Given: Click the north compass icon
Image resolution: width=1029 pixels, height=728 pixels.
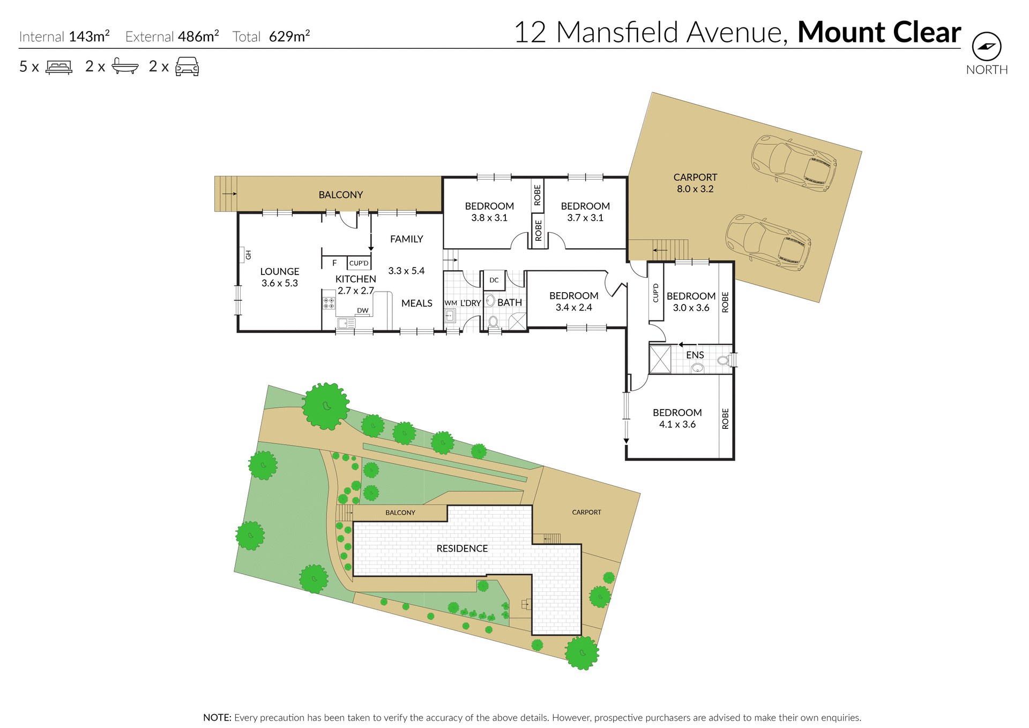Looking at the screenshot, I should (986, 47).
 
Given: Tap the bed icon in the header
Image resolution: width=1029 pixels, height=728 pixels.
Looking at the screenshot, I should (59, 67).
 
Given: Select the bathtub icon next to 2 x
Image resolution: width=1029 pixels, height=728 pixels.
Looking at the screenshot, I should (125, 66).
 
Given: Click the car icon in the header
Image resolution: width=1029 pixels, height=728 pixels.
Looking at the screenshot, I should (187, 66).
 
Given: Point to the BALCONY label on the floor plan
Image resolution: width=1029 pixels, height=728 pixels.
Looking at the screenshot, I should (340, 195).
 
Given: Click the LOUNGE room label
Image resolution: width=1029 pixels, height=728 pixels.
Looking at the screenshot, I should (279, 271).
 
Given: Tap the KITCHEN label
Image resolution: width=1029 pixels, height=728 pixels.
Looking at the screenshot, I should (355, 279).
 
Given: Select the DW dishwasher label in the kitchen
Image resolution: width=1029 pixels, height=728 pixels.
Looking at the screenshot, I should (363, 310).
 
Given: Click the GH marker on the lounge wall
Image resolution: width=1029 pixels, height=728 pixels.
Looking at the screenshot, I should (248, 255).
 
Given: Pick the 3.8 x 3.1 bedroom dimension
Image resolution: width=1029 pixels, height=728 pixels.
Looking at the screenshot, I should (489, 218).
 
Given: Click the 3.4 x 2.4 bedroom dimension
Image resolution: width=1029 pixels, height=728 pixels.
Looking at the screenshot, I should (573, 307).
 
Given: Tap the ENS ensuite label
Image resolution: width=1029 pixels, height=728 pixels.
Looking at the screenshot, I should (695, 355).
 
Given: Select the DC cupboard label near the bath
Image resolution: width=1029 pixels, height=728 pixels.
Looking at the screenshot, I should (494, 280).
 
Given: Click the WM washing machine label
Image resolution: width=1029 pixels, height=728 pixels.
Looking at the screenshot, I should (450, 303).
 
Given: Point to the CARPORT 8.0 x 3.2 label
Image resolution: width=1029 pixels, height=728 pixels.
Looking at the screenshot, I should (695, 183).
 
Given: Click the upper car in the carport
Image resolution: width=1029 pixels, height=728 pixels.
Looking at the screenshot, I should (794, 163).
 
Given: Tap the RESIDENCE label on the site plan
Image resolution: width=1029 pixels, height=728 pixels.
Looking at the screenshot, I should (462, 548).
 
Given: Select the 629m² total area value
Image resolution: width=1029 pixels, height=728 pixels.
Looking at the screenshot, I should (289, 36).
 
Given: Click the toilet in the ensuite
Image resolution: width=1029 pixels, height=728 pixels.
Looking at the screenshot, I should (723, 360).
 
